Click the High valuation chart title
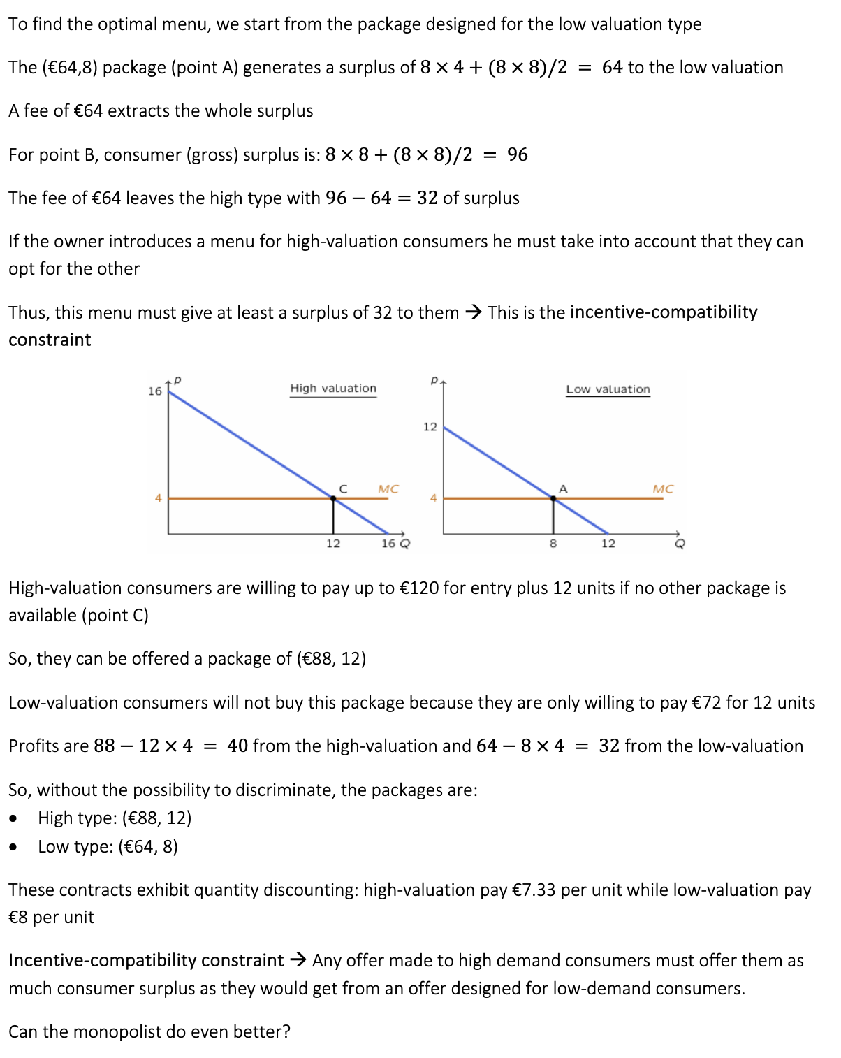(x=333, y=388)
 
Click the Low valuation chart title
(x=608, y=389)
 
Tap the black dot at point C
(x=333, y=498)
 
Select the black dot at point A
(x=553, y=498)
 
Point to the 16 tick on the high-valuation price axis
(x=155, y=391)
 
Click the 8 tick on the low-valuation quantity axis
(x=553, y=544)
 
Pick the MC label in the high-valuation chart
(x=388, y=489)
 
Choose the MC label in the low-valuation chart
(x=663, y=489)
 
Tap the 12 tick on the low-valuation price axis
(x=430, y=426)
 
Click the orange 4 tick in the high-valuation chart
(x=159, y=498)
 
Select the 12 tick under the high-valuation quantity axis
(x=333, y=544)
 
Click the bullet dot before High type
(x=14, y=818)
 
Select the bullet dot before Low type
(x=14, y=847)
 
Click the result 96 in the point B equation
(x=518, y=154)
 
